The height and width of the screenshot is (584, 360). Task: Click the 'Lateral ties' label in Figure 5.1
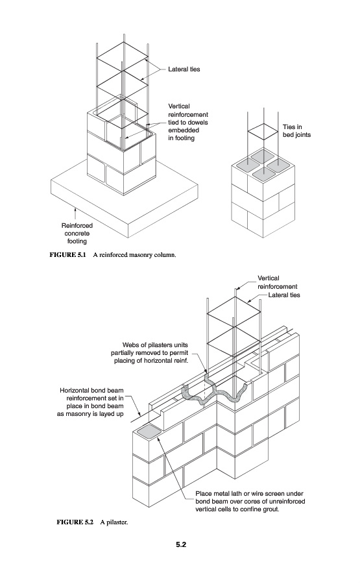click(x=184, y=69)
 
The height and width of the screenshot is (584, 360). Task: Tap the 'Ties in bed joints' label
click(x=296, y=131)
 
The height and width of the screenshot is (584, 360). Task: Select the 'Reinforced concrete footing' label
click(x=77, y=234)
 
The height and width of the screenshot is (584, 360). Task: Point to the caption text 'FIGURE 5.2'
click(x=75, y=522)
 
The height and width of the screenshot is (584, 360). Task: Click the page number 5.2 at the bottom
click(x=181, y=544)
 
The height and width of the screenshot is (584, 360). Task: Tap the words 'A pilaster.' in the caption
click(x=114, y=522)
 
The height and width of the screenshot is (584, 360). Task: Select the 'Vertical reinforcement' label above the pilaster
click(x=278, y=282)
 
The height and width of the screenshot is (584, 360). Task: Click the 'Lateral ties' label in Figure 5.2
click(x=284, y=295)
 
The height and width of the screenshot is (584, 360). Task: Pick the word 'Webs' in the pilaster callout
click(x=130, y=345)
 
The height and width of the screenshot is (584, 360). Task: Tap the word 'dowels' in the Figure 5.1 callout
click(x=198, y=123)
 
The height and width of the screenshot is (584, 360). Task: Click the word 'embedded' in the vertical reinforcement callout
click(x=184, y=130)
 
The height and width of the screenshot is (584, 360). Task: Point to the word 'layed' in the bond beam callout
click(x=106, y=414)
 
